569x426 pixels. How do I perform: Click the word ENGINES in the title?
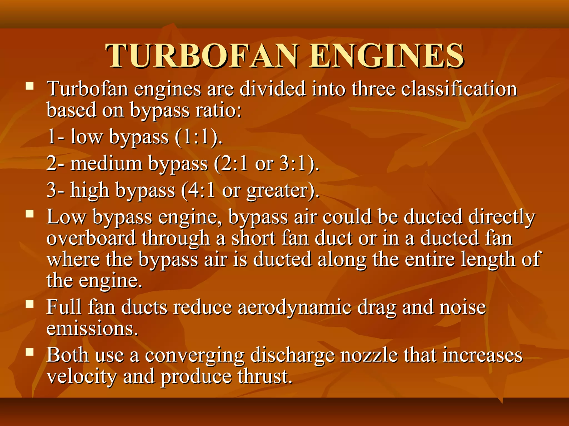[386, 56]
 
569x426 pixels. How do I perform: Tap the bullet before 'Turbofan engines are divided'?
[29, 86]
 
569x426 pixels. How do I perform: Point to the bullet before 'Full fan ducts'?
[29, 304]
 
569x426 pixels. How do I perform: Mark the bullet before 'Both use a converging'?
[29, 352]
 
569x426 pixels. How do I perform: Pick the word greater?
[277, 191]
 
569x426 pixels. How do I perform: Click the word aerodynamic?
[294, 307]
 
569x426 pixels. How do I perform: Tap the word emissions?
[92, 329]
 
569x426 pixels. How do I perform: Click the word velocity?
[82, 377]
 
